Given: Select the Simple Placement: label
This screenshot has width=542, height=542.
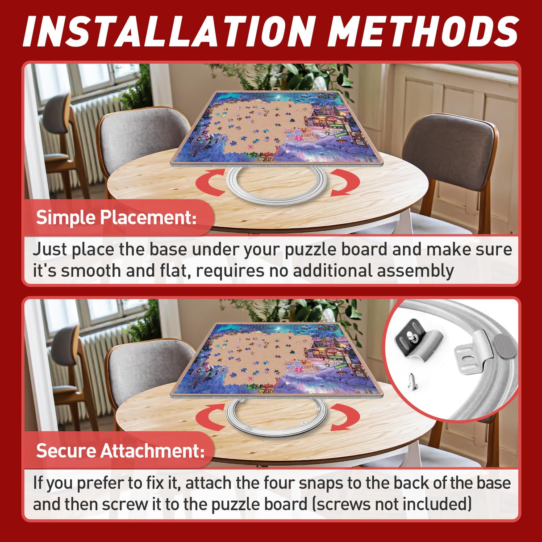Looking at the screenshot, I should click(x=116, y=218).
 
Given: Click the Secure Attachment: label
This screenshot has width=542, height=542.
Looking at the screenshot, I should click(x=120, y=450).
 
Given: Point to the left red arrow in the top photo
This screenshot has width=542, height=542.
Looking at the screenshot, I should click(x=210, y=182).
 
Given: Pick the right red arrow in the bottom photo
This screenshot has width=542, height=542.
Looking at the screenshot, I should click(x=344, y=416).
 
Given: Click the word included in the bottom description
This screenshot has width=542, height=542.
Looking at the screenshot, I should click(x=435, y=504).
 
